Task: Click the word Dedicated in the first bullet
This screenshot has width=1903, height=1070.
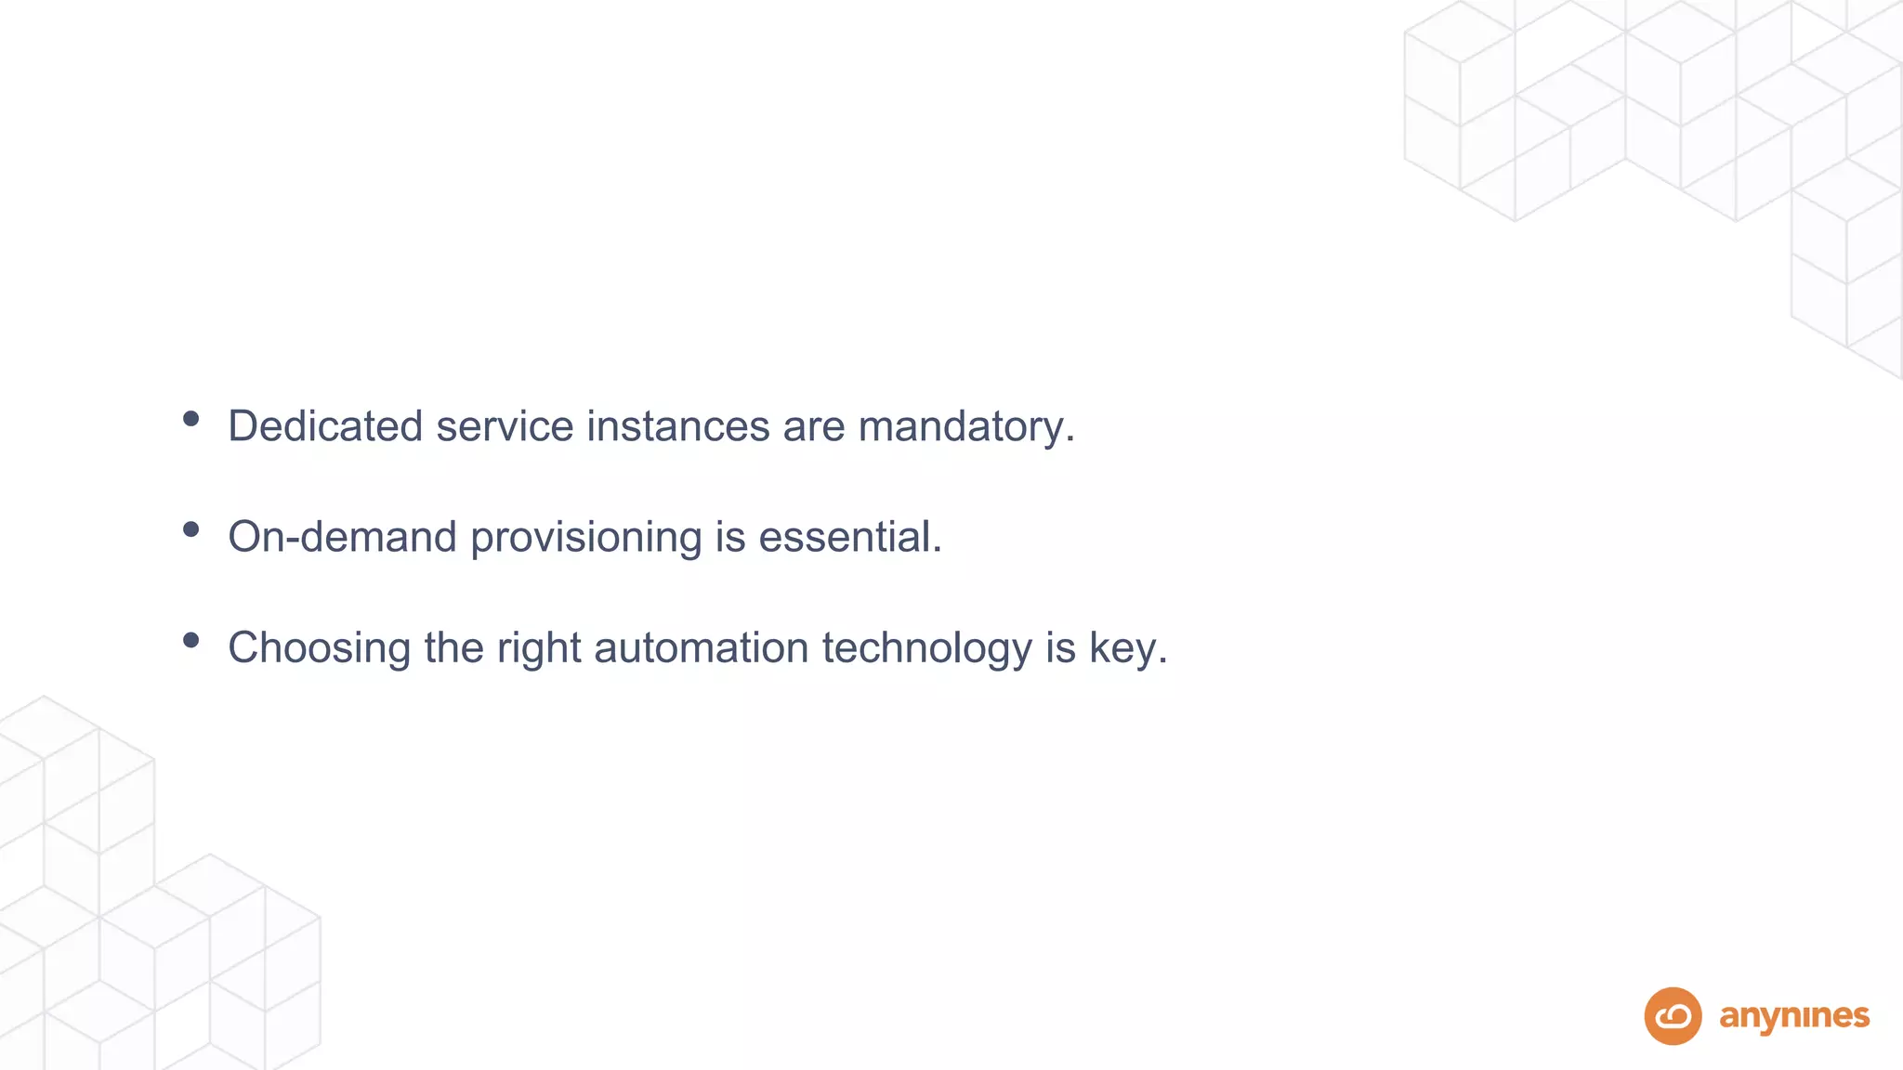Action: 325,426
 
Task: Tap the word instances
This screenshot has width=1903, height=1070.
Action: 677,426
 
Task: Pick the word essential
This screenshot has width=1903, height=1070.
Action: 849,537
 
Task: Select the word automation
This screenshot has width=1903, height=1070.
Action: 702,647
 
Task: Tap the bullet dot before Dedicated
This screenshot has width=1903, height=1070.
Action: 191,419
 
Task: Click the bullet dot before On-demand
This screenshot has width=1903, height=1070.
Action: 191,529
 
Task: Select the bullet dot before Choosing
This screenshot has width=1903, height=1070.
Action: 191,640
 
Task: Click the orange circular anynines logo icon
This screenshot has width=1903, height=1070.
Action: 1673,1016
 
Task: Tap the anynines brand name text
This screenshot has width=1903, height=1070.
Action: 1794,1017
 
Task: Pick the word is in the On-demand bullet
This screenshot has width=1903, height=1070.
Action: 729,537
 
